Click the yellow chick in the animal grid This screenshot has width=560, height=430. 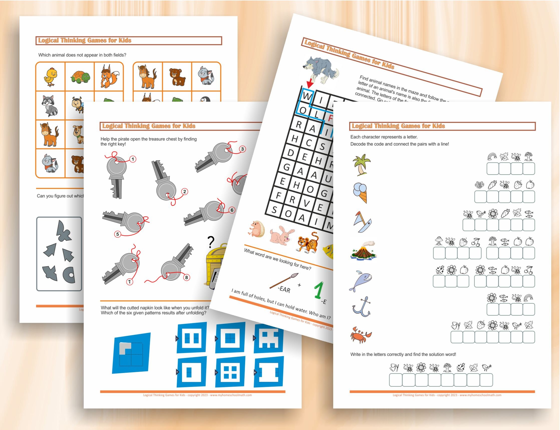tap(50, 77)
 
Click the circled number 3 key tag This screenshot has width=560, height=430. tap(242, 149)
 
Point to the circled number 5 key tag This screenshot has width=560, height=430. tap(117, 234)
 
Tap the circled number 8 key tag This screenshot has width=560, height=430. tap(186, 278)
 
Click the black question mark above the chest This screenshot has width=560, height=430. tap(210, 242)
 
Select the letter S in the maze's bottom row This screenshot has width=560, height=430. tap(274, 210)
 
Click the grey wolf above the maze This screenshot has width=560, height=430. tap(320, 70)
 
